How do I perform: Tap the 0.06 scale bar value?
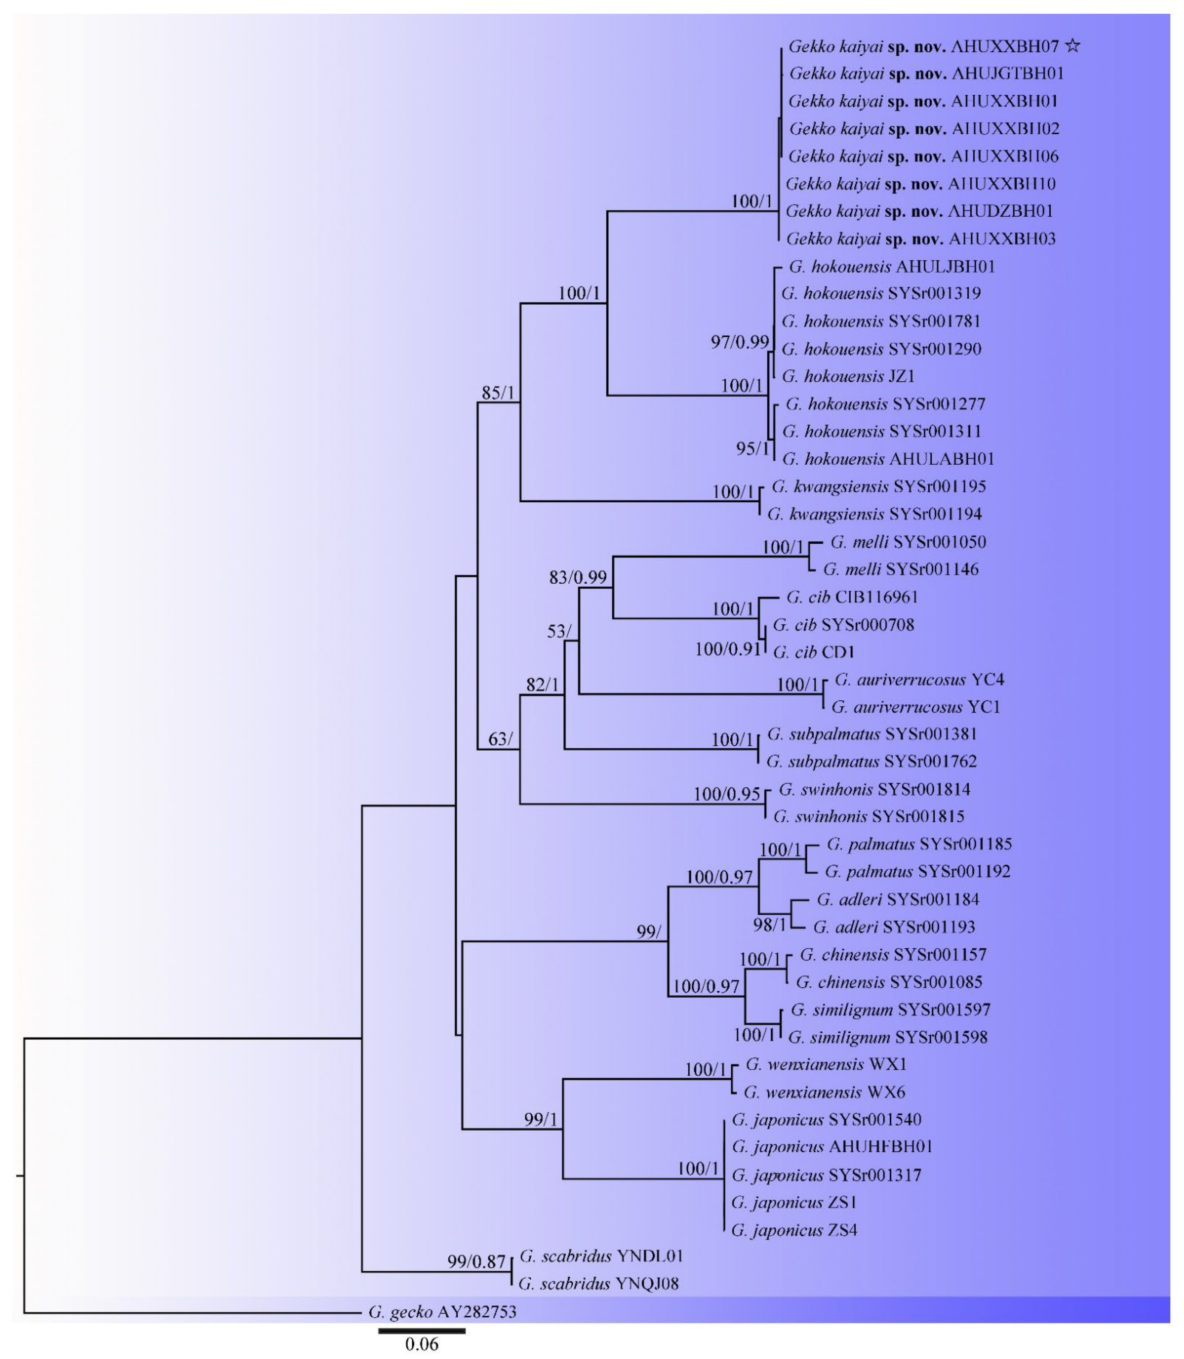pyautogui.click(x=422, y=1344)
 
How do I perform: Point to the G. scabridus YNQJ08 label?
pyautogui.click(x=599, y=1284)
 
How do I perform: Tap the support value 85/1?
pyautogui.click(x=497, y=393)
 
